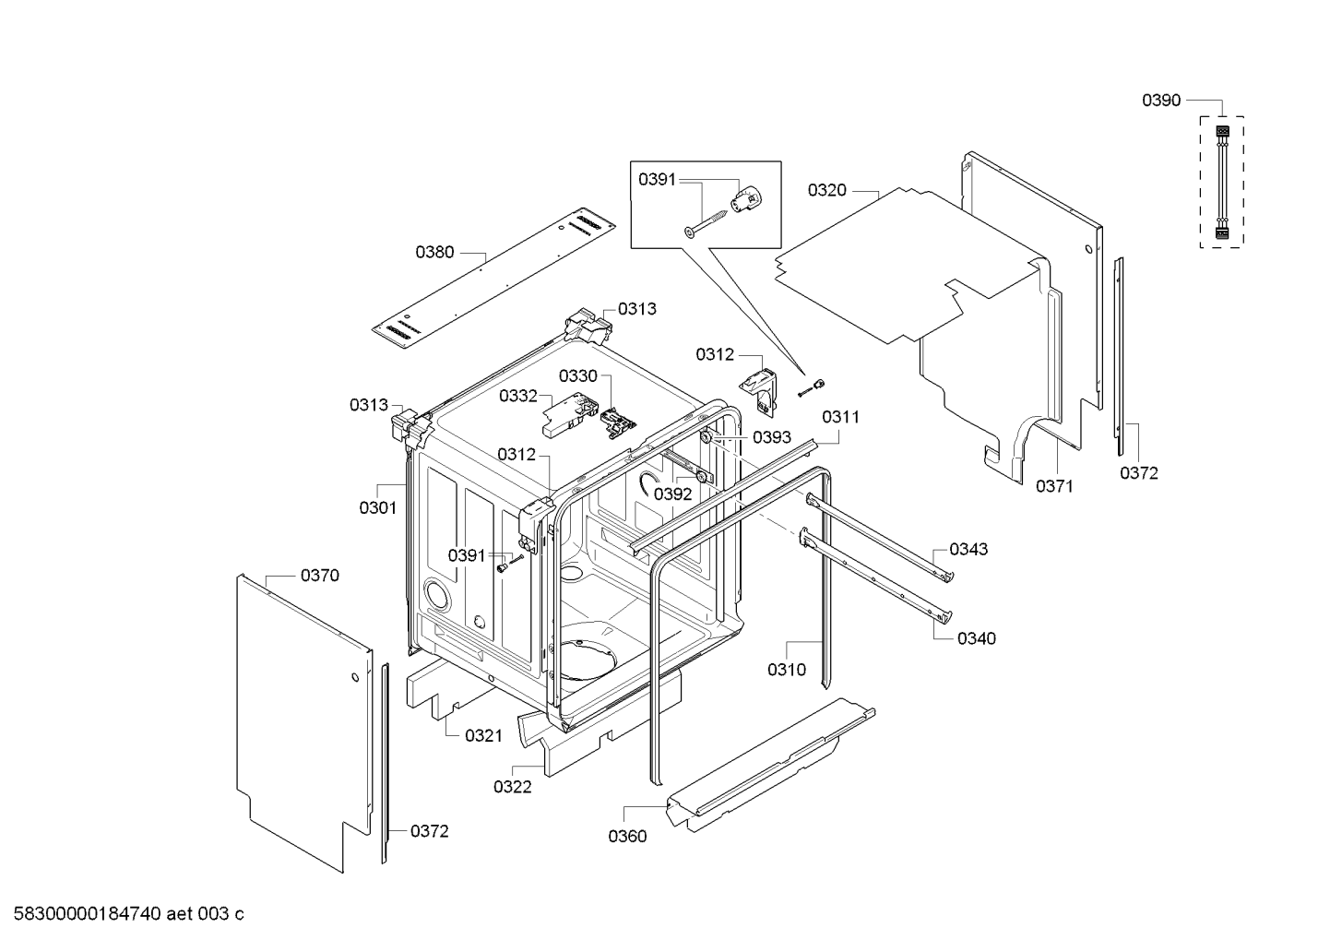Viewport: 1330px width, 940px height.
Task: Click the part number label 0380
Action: pyautogui.click(x=434, y=251)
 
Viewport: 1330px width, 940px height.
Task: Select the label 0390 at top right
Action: pyautogui.click(x=1161, y=101)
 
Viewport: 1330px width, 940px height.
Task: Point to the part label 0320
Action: pyautogui.click(x=826, y=190)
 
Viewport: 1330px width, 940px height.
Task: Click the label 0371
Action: pyautogui.click(x=1054, y=486)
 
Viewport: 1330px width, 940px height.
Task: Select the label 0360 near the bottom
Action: pyautogui.click(x=627, y=837)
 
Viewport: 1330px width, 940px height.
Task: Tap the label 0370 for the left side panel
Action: pyautogui.click(x=319, y=576)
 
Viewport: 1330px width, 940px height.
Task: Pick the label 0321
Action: pyautogui.click(x=483, y=735)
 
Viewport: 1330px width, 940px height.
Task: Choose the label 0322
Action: pyautogui.click(x=512, y=787)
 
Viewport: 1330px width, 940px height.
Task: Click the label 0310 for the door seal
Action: pyautogui.click(x=787, y=670)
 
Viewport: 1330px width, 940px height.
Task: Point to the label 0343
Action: pyautogui.click(x=968, y=549)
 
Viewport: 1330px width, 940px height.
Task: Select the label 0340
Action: pyautogui.click(x=976, y=638)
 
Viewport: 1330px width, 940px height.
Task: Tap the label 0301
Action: pyautogui.click(x=377, y=507)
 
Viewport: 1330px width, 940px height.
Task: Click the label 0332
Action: pyautogui.click(x=518, y=396)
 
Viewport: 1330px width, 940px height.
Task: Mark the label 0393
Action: pyautogui.click(x=772, y=437)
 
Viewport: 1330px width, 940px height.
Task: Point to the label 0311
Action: pyautogui.click(x=840, y=417)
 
